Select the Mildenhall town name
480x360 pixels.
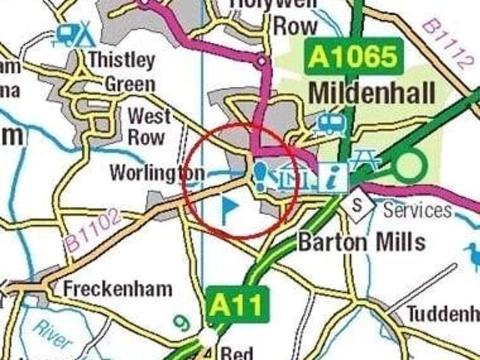pyautogui.click(x=371, y=94)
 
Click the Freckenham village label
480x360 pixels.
pyautogui.click(x=118, y=289)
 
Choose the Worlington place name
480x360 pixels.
pyautogui.click(x=157, y=173)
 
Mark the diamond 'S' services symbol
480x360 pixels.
pyautogui.click(x=358, y=203)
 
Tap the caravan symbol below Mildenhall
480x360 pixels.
pyautogui.click(x=329, y=124)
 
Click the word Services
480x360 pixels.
pyautogui.click(x=418, y=209)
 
